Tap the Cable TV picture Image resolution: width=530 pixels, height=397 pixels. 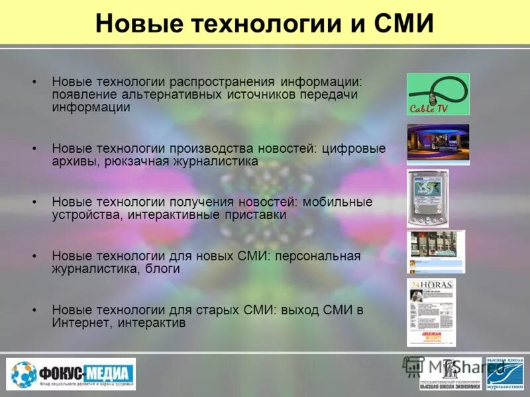tap(438, 94)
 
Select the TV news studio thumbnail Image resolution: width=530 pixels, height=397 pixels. tap(438, 144)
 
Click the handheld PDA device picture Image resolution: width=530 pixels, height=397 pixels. tap(427, 198)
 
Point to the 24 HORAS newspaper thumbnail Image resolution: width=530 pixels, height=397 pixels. tap(431, 312)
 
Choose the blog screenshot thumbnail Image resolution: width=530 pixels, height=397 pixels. tap(435, 251)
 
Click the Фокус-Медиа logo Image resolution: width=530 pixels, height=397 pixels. tap(72, 375)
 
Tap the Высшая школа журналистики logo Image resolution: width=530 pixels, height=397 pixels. tap(505, 374)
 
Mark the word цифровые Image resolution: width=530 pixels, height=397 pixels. tap(354, 148)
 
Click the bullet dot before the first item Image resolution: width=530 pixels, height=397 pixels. tap(34, 81)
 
